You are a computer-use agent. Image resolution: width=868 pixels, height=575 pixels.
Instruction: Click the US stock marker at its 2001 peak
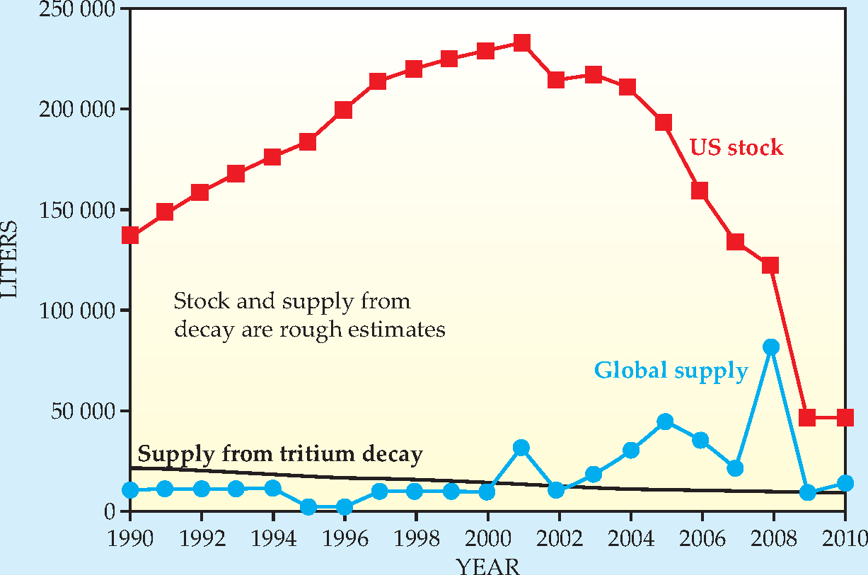522,43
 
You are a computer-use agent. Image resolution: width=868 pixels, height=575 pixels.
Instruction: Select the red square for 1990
130,236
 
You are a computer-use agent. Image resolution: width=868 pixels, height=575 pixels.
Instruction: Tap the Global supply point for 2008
772,347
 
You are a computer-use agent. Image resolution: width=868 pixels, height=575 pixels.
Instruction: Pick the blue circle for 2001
522,447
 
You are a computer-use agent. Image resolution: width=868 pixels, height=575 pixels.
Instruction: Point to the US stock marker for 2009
807,417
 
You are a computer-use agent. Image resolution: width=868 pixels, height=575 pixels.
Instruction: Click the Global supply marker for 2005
665,422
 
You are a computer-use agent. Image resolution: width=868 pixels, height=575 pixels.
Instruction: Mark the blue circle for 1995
308,506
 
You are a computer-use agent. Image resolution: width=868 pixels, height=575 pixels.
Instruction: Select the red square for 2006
700,191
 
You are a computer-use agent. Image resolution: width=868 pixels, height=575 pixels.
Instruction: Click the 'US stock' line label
736,148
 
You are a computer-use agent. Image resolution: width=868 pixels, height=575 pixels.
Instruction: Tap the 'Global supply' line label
671,371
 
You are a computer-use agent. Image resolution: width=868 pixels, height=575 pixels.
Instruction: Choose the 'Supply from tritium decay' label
280,453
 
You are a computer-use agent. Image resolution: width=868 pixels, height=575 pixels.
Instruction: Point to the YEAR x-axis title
487,566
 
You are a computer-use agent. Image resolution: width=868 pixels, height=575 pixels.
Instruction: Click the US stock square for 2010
844,417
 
